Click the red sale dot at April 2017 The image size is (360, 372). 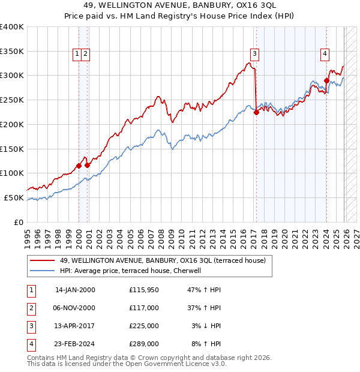click(x=256, y=112)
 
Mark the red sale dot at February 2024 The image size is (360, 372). click(x=326, y=80)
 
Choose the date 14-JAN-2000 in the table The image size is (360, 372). click(x=75, y=290)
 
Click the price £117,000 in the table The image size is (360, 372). click(x=143, y=307)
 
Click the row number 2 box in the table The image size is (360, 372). click(x=31, y=307)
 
